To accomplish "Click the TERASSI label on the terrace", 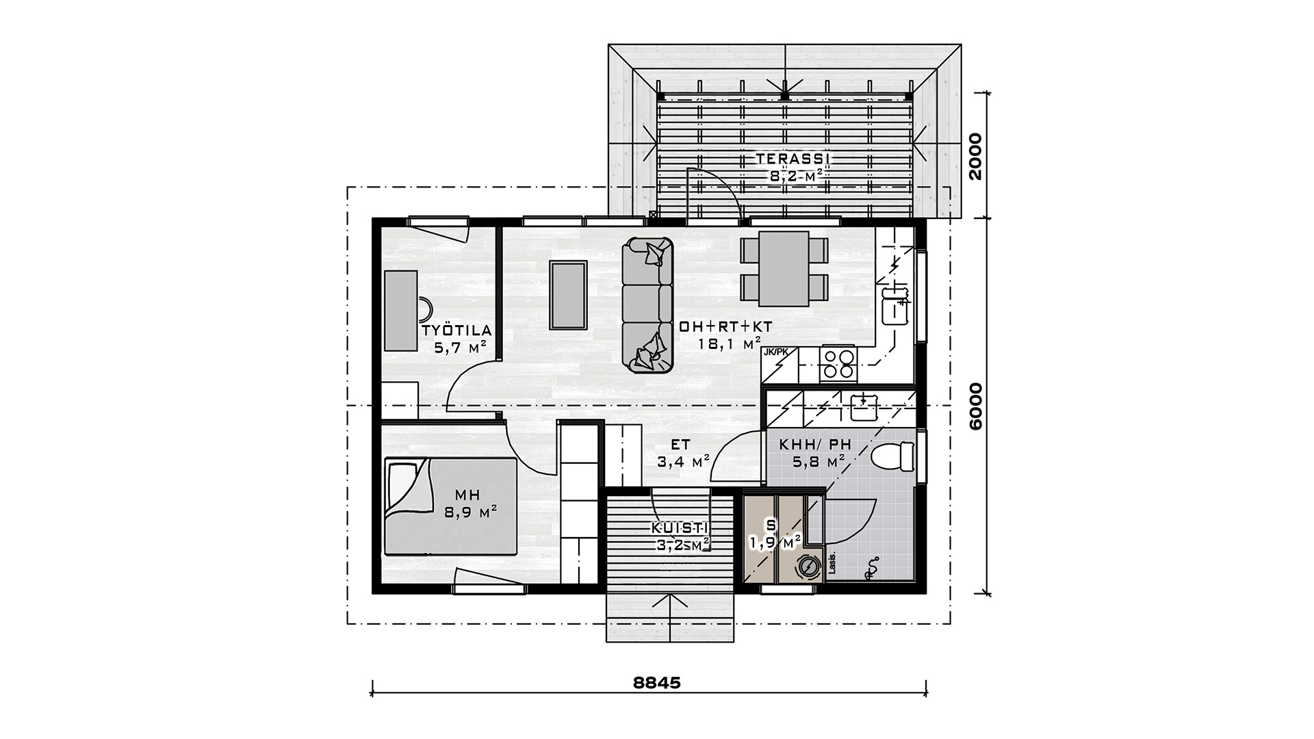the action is click(793, 159).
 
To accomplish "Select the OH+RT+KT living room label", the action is click(726, 327).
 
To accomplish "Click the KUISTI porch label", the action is click(680, 528).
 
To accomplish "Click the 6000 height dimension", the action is click(975, 406).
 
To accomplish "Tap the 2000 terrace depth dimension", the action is click(975, 156).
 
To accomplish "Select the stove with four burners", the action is click(839, 364).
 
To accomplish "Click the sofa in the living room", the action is click(647, 305).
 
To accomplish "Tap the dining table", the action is click(784, 269).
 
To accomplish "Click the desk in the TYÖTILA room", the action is click(400, 310).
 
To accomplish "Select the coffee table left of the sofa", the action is click(569, 295).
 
